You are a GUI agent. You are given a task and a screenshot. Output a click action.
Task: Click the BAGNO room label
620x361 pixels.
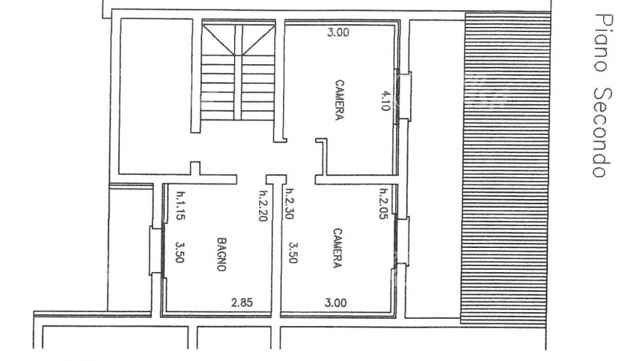coord(222,254)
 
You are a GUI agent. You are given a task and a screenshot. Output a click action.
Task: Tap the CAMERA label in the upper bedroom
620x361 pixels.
coord(339,100)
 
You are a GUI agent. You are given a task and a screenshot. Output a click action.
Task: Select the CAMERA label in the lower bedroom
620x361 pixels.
coord(337,248)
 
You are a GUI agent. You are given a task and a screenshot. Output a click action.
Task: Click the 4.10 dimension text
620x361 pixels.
coord(386,101)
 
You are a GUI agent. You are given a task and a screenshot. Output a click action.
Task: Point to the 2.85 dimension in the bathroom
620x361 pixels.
coord(242,303)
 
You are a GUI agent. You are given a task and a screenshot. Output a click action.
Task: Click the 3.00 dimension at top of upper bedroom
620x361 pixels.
coord(338,32)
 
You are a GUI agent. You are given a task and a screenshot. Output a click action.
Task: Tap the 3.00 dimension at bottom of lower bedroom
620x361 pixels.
coord(336,303)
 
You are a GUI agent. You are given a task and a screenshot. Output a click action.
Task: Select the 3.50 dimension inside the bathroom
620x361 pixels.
coord(180,252)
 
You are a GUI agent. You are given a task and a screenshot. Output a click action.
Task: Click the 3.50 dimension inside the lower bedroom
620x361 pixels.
coord(293,252)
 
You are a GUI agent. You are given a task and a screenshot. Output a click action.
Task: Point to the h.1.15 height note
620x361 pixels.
coord(181,205)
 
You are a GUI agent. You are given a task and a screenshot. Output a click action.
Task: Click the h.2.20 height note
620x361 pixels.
coord(263,206)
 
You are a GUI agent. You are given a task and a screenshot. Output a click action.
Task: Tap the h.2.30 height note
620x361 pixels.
coord(289,203)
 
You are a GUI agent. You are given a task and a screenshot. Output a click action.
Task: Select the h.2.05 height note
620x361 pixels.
coord(383,203)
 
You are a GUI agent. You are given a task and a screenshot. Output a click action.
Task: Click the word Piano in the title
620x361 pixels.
coord(600,43)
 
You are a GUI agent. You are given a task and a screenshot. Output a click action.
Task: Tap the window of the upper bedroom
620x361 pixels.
coord(403,96)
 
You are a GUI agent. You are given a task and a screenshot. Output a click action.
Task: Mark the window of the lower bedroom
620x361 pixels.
coord(401,242)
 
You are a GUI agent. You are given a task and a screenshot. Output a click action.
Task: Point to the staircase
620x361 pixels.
coord(238,71)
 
